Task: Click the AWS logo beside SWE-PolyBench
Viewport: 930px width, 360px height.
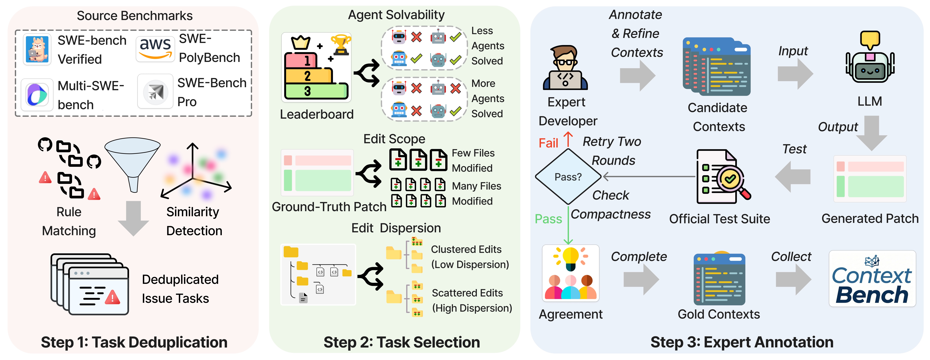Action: pos(155,49)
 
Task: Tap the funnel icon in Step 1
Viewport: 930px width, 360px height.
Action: pos(133,163)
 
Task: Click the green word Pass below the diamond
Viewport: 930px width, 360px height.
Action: pos(548,219)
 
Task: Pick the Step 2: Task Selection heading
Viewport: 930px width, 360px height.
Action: pos(402,342)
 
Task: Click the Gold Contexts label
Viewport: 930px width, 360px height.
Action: pos(719,314)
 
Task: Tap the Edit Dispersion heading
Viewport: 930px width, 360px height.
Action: pos(396,228)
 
